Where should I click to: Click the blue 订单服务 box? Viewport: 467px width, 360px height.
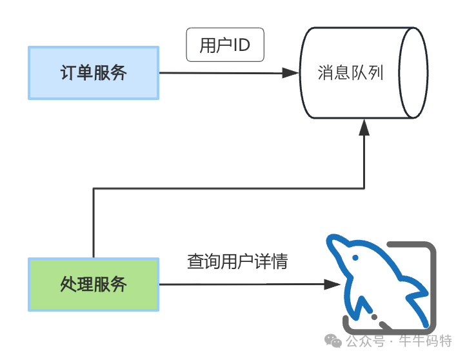tap(94, 73)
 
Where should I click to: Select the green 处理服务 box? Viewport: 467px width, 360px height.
tap(94, 284)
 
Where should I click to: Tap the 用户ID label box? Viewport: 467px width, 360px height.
tap(225, 45)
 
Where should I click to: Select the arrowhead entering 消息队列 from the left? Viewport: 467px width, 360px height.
tap(290, 73)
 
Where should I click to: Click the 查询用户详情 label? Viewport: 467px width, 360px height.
tap(237, 262)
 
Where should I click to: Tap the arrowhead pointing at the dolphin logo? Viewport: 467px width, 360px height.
tap(331, 284)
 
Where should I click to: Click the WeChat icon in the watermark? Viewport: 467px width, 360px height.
tap(333, 340)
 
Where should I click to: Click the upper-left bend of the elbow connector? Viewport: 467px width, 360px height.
tap(94, 189)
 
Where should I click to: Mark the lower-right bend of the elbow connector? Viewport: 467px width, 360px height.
tap(364, 189)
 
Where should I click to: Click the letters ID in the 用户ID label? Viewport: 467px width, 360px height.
tap(242, 45)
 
